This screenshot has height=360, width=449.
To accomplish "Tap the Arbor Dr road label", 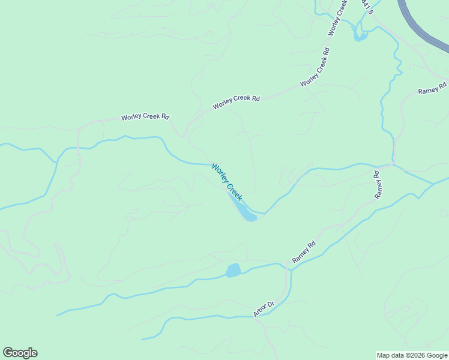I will [x=263, y=308].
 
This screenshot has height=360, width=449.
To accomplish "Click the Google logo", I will [x=20, y=353].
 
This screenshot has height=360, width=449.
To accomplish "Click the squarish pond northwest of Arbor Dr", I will [x=233, y=271].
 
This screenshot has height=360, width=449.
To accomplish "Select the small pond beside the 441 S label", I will [x=360, y=36].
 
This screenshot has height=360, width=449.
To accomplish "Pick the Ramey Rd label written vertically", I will [x=378, y=185].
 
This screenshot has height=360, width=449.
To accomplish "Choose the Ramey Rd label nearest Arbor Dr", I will [x=304, y=252].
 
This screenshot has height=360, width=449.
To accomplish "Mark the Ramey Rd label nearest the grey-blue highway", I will [x=432, y=88].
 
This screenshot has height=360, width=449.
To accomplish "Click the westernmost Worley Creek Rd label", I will [x=145, y=116].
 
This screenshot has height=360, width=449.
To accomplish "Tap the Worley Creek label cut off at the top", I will [x=338, y=16].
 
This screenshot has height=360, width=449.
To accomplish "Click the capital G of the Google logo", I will [x=8, y=353].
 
